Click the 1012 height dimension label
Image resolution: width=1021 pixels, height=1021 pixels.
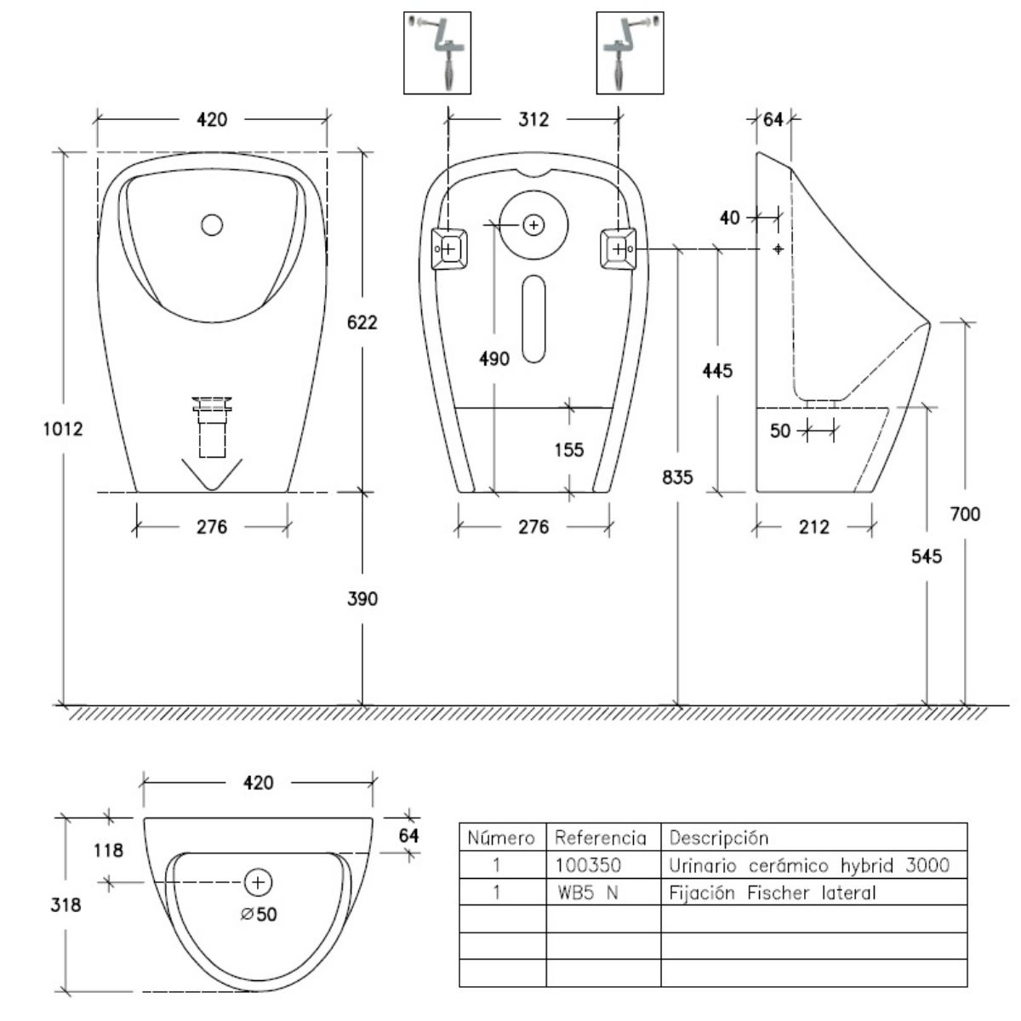(62, 429)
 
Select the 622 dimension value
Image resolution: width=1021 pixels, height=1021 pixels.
(362, 322)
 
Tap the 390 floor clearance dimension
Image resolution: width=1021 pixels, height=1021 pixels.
(362, 599)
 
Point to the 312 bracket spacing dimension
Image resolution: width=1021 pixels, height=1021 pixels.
(533, 119)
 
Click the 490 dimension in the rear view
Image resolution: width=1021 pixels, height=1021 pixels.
(494, 358)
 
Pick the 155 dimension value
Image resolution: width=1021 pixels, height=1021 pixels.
(568, 449)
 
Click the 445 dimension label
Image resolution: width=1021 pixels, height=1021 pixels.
(717, 371)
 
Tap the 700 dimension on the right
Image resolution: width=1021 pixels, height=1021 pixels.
(965, 514)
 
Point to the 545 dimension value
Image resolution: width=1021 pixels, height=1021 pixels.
(927, 556)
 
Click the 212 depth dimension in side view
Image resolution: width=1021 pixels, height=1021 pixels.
(814, 528)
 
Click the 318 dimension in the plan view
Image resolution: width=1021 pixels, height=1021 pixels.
(66, 904)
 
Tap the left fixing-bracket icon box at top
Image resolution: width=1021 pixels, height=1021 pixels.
(436, 52)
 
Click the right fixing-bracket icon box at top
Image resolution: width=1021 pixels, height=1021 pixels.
(630, 52)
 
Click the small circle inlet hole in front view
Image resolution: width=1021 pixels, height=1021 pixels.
(212, 225)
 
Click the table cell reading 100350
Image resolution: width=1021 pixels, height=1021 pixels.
(588, 865)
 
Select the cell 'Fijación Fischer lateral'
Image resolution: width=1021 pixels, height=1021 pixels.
(773, 893)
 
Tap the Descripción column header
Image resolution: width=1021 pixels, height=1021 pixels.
(719, 837)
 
